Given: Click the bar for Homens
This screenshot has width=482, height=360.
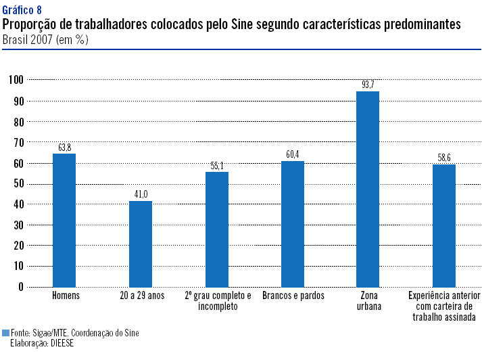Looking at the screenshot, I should [x=64, y=221].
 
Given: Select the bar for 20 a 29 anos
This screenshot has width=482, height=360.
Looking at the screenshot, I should [x=141, y=244].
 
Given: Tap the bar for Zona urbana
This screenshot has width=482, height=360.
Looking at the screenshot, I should [x=368, y=189].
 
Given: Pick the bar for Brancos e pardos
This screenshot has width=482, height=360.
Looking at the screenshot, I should [x=293, y=224].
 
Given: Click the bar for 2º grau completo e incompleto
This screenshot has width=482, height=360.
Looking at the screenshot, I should [x=217, y=229].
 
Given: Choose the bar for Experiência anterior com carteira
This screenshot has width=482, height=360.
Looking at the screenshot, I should [x=444, y=226].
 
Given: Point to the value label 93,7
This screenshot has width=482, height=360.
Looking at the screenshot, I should [x=368, y=85].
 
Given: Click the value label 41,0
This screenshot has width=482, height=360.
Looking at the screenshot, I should [x=141, y=195].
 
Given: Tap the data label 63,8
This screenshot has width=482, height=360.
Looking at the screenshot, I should [x=64, y=148].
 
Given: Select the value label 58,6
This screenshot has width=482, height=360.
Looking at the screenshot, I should [x=444, y=158].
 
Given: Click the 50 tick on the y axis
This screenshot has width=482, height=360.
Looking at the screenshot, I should [x=18, y=183].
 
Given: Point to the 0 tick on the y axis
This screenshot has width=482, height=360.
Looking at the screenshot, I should [x=21, y=287].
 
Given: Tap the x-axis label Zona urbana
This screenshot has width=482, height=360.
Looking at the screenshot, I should [x=368, y=301].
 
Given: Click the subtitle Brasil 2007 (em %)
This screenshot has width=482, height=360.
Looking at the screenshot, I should [x=45, y=39].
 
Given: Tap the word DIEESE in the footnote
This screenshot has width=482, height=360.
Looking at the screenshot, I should [x=60, y=343].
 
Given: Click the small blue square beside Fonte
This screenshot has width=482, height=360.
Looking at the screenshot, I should [x=6, y=333].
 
